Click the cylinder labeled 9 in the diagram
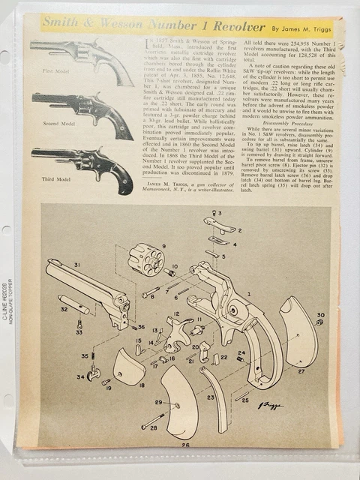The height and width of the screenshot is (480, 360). point(146,259)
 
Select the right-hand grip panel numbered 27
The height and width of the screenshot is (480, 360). point(298,334)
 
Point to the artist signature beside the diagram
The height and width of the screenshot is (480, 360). point(271,405)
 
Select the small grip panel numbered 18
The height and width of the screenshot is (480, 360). point(128,367)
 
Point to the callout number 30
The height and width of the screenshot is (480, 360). point(320,315)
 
